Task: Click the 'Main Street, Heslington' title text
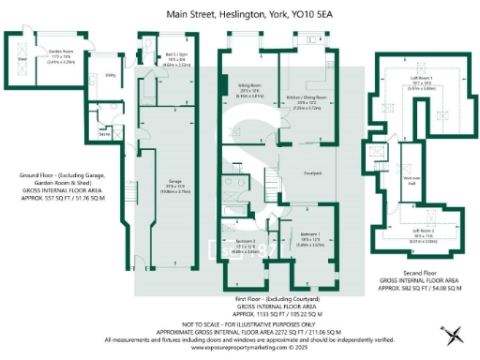(240, 15)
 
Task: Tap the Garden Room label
(62, 52)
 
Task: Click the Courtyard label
(313, 172)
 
